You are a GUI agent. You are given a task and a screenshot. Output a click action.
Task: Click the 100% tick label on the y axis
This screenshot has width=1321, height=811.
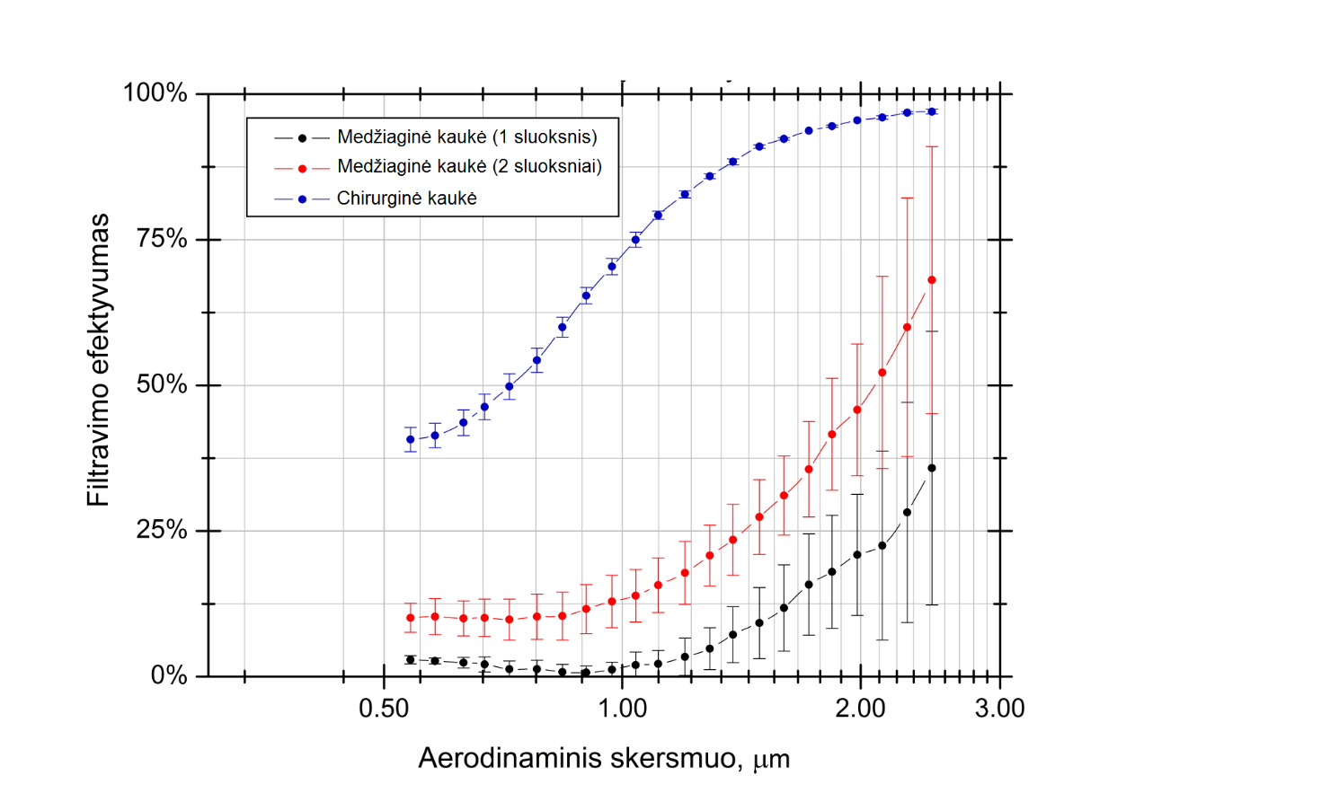point(155,93)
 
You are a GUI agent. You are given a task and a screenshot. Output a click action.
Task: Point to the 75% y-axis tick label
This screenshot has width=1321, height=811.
point(161,239)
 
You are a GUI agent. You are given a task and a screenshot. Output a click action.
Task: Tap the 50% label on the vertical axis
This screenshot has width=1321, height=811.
point(161,384)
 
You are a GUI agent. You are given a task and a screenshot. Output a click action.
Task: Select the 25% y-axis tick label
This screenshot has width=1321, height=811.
point(161,530)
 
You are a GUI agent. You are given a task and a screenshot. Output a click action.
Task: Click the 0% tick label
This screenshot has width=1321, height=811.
point(168,675)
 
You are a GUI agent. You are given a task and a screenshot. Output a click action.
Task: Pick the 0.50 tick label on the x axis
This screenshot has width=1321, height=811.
point(384,709)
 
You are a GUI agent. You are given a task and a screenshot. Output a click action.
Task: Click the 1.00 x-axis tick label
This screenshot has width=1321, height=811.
point(622,709)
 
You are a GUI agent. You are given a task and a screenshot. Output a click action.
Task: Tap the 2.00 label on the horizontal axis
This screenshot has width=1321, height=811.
point(860,709)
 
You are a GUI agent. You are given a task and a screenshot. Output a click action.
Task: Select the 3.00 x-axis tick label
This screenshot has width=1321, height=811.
point(999,709)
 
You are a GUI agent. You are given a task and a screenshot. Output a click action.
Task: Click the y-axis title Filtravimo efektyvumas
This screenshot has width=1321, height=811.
point(98,360)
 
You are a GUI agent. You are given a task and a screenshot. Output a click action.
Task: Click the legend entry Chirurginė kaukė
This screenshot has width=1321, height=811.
point(406,198)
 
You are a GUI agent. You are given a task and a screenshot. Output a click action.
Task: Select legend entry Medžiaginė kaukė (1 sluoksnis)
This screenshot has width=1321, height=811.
point(466,137)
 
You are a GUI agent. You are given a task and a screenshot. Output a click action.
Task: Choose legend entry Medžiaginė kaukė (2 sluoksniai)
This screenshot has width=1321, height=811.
point(469,167)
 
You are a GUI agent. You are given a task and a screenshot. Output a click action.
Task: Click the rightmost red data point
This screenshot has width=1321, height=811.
point(932,280)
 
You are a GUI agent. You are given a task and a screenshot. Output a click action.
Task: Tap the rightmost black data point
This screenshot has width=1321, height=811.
point(932,468)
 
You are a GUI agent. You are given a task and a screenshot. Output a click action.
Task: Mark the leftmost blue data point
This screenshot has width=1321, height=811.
point(411,439)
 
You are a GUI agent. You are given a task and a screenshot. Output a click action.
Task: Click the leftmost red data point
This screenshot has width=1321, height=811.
point(411,618)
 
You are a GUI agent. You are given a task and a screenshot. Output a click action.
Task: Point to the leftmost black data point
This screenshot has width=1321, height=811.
point(411,660)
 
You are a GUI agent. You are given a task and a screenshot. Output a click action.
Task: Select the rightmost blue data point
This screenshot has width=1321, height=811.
point(932,111)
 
